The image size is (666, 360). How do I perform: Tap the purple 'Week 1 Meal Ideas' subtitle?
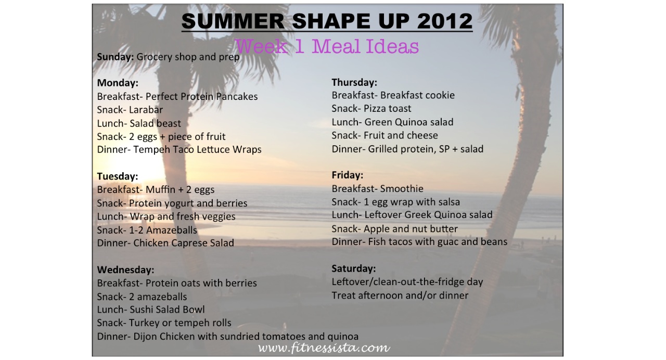tap(327, 46)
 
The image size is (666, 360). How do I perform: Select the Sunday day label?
tap(116, 57)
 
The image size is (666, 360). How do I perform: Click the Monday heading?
tap(118, 83)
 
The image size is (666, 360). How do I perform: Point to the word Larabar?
tap(146, 110)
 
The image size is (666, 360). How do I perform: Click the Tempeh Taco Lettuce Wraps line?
tap(180, 149)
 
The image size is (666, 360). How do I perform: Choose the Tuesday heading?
tap(118, 176)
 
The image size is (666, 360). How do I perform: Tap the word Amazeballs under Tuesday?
tap(172, 230)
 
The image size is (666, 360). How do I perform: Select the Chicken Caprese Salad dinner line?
tap(165, 243)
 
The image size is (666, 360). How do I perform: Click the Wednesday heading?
tap(125, 269)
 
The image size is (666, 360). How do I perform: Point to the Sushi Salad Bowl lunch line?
tap(151, 310)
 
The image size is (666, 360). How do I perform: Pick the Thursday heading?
tap(354, 82)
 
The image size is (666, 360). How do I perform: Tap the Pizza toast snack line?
tap(372, 109)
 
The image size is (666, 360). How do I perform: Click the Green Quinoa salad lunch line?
tap(392, 122)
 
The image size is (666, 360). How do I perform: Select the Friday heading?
tap(347, 175)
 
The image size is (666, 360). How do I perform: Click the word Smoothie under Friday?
tap(402, 188)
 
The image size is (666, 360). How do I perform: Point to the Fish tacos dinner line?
tap(419, 242)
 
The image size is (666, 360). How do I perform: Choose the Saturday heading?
tap(353, 269)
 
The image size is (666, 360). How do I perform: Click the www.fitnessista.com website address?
tap(324, 348)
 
